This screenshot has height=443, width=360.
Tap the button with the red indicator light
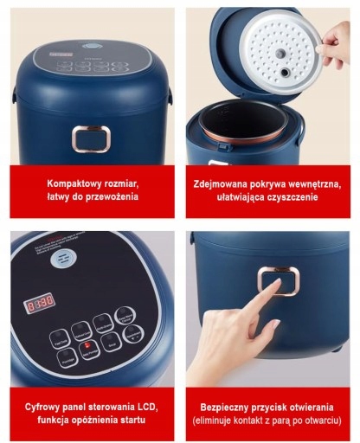[x=87, y=350]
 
